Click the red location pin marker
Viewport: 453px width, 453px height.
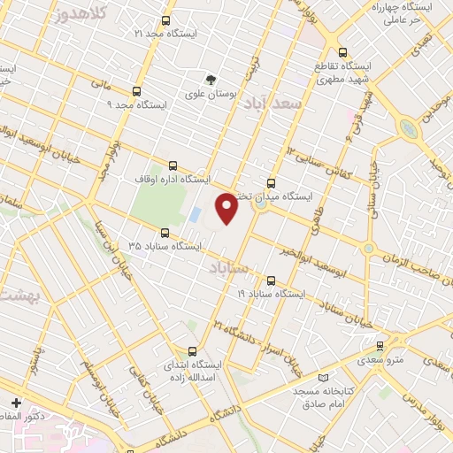[226, 207]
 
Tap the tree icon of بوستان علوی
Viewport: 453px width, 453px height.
[211, 79]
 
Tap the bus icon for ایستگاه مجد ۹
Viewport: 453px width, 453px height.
[136, 91]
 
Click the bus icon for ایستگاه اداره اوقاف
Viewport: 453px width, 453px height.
[172, 165]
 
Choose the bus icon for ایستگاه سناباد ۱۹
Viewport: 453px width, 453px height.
[271, 280]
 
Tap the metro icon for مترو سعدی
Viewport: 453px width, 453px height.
[380, 346]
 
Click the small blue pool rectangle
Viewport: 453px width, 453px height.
[194, 215]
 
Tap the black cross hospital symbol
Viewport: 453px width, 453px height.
[15, 403]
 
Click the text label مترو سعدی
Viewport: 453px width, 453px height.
[380, 360]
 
